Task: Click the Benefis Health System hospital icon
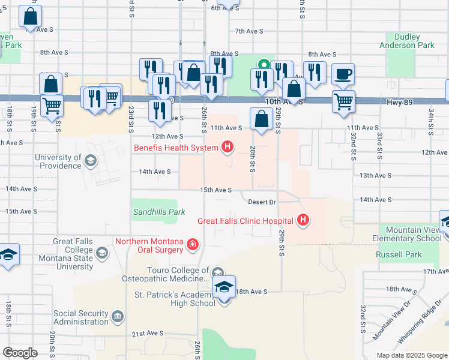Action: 228,146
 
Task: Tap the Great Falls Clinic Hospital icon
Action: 304,221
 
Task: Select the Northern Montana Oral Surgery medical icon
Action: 192,244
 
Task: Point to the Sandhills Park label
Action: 158,212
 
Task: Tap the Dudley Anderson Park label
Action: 406,41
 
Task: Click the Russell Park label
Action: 399,254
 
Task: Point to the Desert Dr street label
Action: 262,202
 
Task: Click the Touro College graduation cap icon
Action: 217,274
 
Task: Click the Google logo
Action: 20,352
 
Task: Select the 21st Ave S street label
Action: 148,333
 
